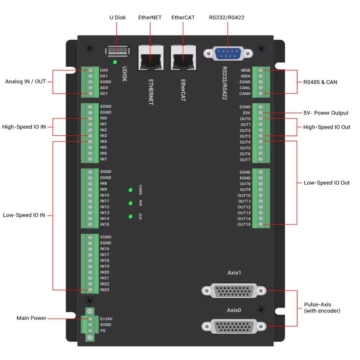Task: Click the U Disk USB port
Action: pos(116,51)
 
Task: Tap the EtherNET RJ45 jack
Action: pos(149,58)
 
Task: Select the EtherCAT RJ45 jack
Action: pos(183,58)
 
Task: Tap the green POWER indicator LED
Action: pos(130,190)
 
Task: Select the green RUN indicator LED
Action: pos(130,203)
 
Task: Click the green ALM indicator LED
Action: pos(130,216)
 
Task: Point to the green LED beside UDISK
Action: pos(115,62)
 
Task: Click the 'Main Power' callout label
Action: pos(31,318)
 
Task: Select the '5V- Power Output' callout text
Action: pos(326,113)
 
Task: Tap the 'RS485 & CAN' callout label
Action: pos(320,82)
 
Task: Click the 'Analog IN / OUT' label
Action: pos(26,82)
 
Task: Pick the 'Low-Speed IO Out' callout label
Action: pos(327,183)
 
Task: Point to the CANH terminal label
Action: pos(245,94)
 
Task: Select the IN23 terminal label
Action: pos(105,290)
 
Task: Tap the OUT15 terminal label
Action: pos(244,225)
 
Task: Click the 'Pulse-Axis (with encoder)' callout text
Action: pos(322,308)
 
